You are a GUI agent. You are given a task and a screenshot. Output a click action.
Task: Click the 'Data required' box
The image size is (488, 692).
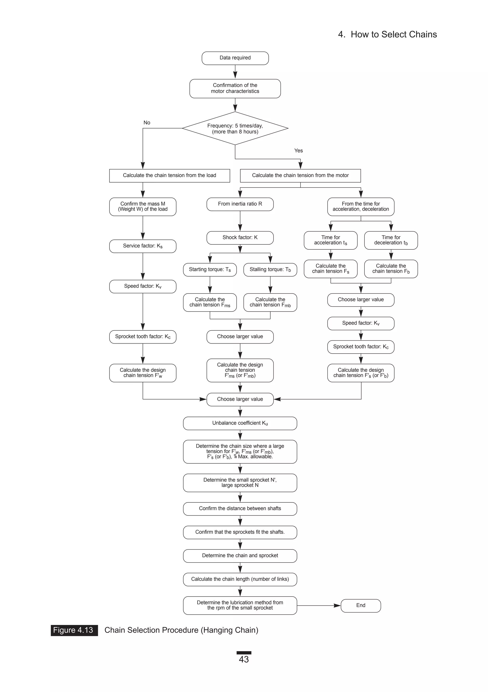coord(235,58)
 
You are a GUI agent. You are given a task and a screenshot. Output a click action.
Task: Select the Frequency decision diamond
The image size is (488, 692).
coord(235,128)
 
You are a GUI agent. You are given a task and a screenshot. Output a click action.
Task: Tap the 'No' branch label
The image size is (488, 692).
coord(147,123)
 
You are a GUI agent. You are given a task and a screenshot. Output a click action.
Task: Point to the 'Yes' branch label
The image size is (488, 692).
coord(298,151)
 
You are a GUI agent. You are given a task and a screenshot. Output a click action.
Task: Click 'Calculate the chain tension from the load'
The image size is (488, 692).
coord(169,176)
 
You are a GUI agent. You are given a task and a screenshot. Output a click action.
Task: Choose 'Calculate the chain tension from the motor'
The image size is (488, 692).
coord(300,176)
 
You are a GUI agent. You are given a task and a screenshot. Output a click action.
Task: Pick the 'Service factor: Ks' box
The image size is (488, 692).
coord(142,246)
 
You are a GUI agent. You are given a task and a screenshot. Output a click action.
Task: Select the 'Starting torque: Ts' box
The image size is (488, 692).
coord(210,269)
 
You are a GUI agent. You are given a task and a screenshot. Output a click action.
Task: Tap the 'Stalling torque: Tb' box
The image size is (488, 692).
coord(270,269)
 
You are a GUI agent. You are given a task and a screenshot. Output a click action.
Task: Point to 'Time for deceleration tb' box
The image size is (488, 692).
coord(391,240)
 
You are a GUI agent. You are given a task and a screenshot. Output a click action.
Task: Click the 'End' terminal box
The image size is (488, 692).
coord(361,605)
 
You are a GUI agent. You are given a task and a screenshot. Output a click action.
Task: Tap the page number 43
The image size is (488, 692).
coord(244,659)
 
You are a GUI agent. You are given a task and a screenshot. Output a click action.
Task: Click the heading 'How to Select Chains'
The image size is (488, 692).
coord(393,34)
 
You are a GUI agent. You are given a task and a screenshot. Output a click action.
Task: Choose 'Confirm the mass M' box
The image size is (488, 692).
coord(142,207)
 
